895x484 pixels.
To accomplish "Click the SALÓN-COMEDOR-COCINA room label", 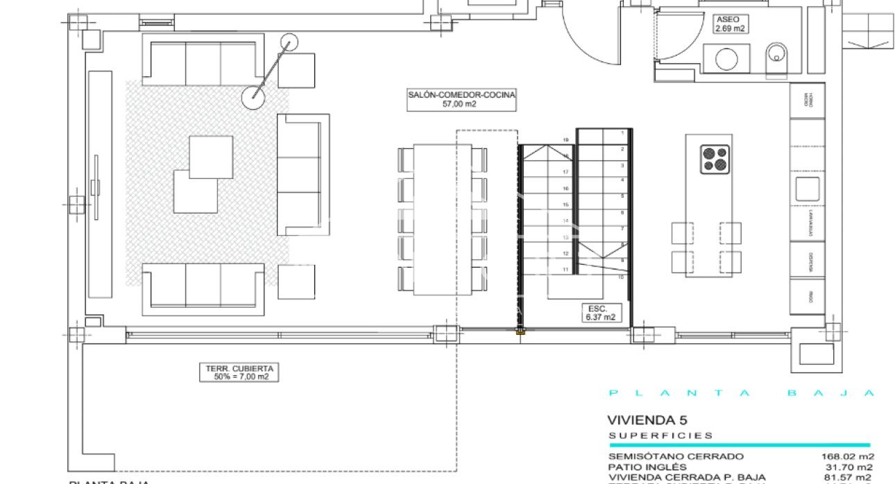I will pos(462,100).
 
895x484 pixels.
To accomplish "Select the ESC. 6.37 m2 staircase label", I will pos(597,313).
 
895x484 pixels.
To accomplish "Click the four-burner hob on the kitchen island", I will pos(715,158).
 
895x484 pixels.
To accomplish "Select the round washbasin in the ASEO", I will pos(726,59).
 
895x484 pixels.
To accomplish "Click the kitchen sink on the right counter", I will pos(807,189).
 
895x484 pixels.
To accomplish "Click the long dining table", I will pos(443,218).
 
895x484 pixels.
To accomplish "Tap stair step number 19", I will pos(565,140).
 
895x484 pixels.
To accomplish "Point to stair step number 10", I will pos(622,277).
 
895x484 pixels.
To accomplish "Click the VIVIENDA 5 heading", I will pos(642,420).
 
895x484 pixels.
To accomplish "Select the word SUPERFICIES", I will pos(660,435).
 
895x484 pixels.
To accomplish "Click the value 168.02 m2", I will pos(847,456).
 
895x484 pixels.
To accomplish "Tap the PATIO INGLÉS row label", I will pos(647,467).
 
